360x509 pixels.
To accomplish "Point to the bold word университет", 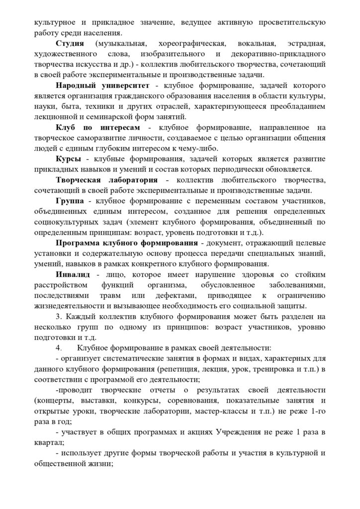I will [x=121, y=85].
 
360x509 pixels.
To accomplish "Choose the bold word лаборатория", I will [x=132, y=180].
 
